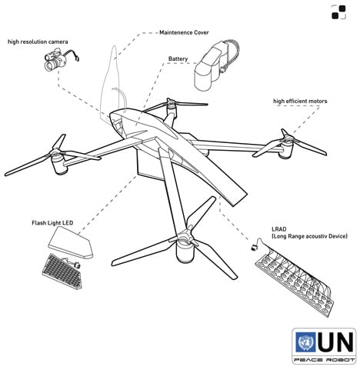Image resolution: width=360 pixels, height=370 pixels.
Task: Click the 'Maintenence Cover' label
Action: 184,32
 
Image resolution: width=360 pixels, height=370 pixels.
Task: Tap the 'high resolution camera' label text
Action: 38,42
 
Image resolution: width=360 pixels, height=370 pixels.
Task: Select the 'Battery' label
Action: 178,58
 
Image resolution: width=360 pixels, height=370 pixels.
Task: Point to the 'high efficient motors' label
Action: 300,101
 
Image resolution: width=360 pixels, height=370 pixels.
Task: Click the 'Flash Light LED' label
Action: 52,223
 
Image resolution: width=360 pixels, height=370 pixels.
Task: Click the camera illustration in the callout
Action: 58,61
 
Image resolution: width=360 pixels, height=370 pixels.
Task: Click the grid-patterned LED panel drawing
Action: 62,272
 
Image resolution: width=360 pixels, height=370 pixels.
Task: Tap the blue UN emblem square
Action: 305,342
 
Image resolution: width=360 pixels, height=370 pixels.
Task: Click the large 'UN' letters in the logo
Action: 335,342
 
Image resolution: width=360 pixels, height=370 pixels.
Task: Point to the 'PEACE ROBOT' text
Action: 324,360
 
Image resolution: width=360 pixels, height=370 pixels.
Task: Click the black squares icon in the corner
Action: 338,12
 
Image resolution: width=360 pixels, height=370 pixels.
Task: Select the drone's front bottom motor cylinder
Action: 185,253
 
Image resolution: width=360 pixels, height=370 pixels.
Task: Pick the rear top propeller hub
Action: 170,104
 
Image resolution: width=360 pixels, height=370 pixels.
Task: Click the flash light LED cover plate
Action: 71,243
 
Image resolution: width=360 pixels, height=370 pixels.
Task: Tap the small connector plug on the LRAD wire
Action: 255,248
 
